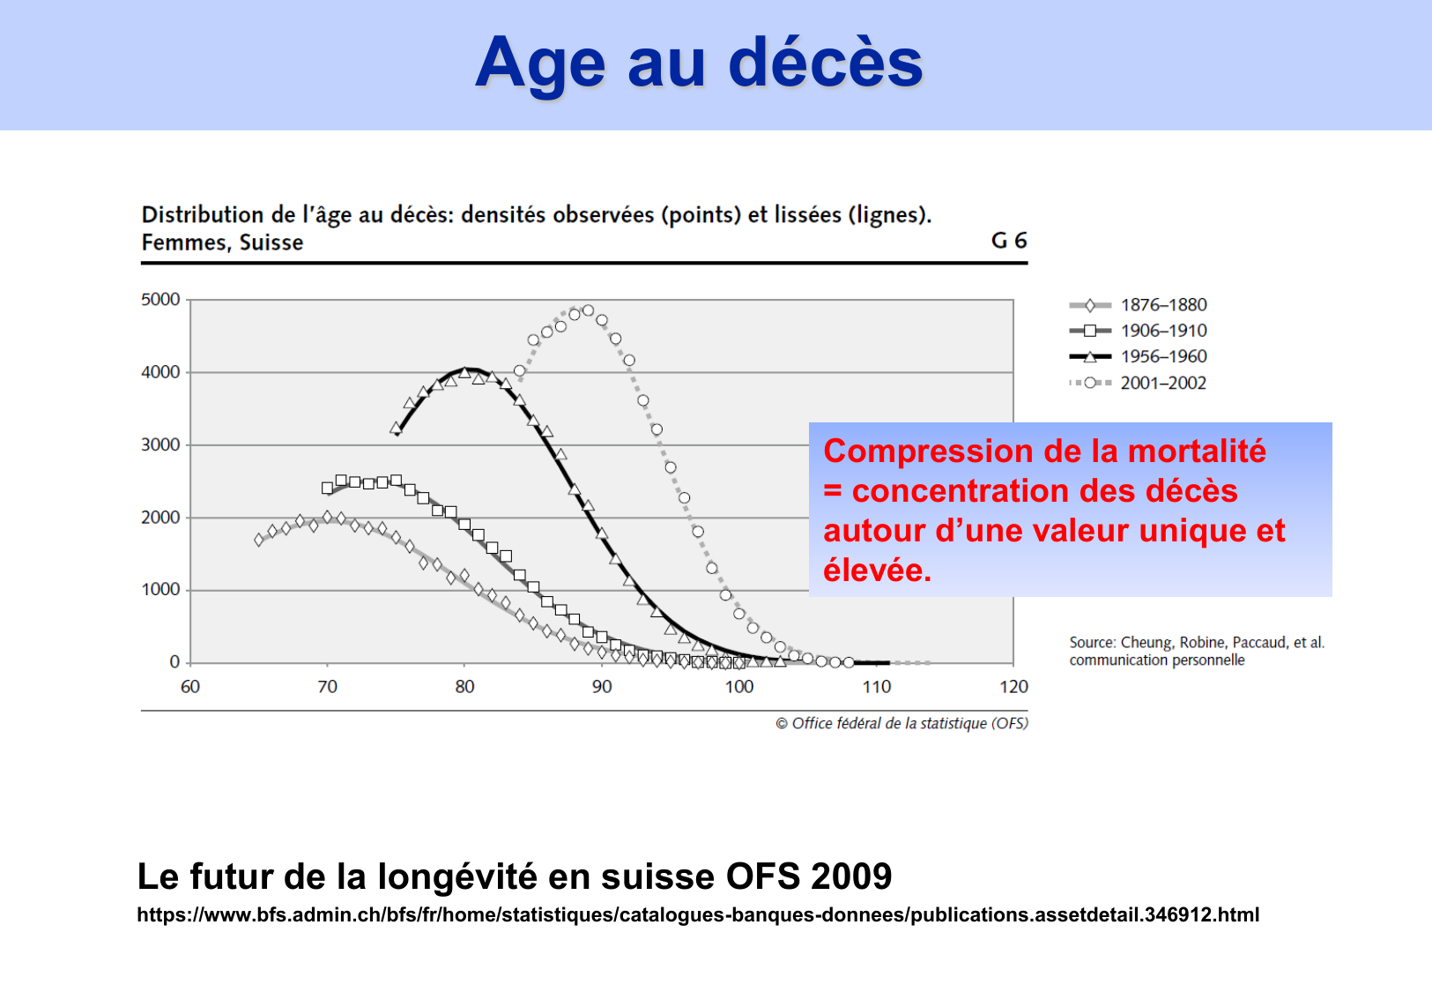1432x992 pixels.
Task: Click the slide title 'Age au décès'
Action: [699, 63]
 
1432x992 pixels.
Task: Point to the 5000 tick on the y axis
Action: [160, 300]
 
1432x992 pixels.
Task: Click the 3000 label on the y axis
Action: [160, 444]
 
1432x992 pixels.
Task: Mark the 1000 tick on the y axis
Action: [160, 589]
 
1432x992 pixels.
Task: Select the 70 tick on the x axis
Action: [327, 687]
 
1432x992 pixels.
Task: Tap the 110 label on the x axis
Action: [876, 687]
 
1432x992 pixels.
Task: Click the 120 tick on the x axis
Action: [1013, 687]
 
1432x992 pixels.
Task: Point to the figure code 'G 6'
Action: [1009, 241]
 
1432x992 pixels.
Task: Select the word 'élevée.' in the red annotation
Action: [877, 571]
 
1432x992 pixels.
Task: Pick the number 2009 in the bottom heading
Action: [851, 876]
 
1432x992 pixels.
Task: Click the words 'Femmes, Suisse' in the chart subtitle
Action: [222, 242]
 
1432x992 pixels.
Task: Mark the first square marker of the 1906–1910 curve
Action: [327, 488]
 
